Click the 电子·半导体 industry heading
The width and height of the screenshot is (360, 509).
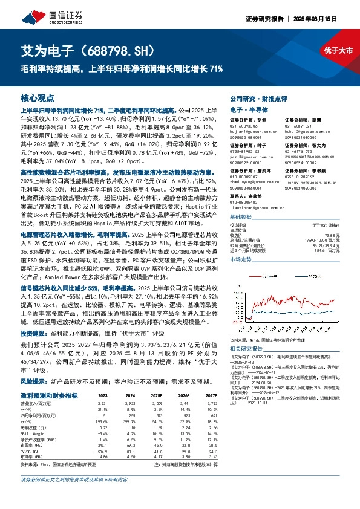[x=244, y=109]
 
